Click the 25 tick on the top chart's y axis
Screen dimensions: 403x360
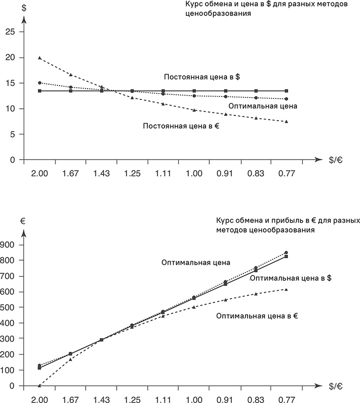7,32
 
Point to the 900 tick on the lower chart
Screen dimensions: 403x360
9,245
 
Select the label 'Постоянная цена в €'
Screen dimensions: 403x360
181,126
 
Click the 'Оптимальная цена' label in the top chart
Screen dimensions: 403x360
263,106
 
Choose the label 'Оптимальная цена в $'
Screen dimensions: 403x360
290,278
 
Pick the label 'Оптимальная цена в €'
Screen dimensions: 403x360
257,316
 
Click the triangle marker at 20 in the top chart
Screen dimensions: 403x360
40,58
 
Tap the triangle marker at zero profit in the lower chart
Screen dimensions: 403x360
40,385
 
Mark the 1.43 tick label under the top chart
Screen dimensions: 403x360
101,173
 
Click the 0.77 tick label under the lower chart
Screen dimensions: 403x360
286,400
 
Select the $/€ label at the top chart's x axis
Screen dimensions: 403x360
336,160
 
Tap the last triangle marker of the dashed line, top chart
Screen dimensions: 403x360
286,121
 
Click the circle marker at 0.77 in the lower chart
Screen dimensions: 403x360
286,253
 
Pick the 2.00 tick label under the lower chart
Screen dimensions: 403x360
40,400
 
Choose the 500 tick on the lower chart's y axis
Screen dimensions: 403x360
9,307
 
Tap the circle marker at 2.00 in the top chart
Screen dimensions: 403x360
40,83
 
